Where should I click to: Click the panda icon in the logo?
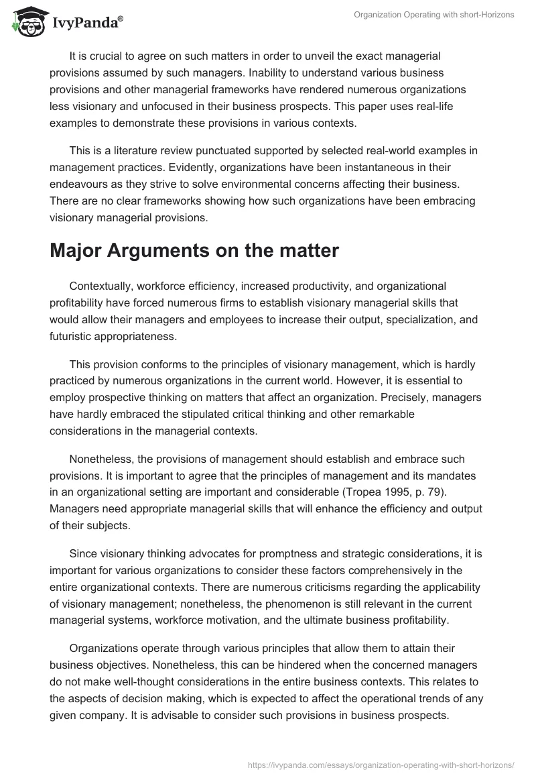(27, 21)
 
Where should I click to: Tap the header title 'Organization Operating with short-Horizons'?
(433, 15)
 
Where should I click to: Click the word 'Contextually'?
(101, 287)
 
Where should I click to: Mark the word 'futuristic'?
(73, 337)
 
